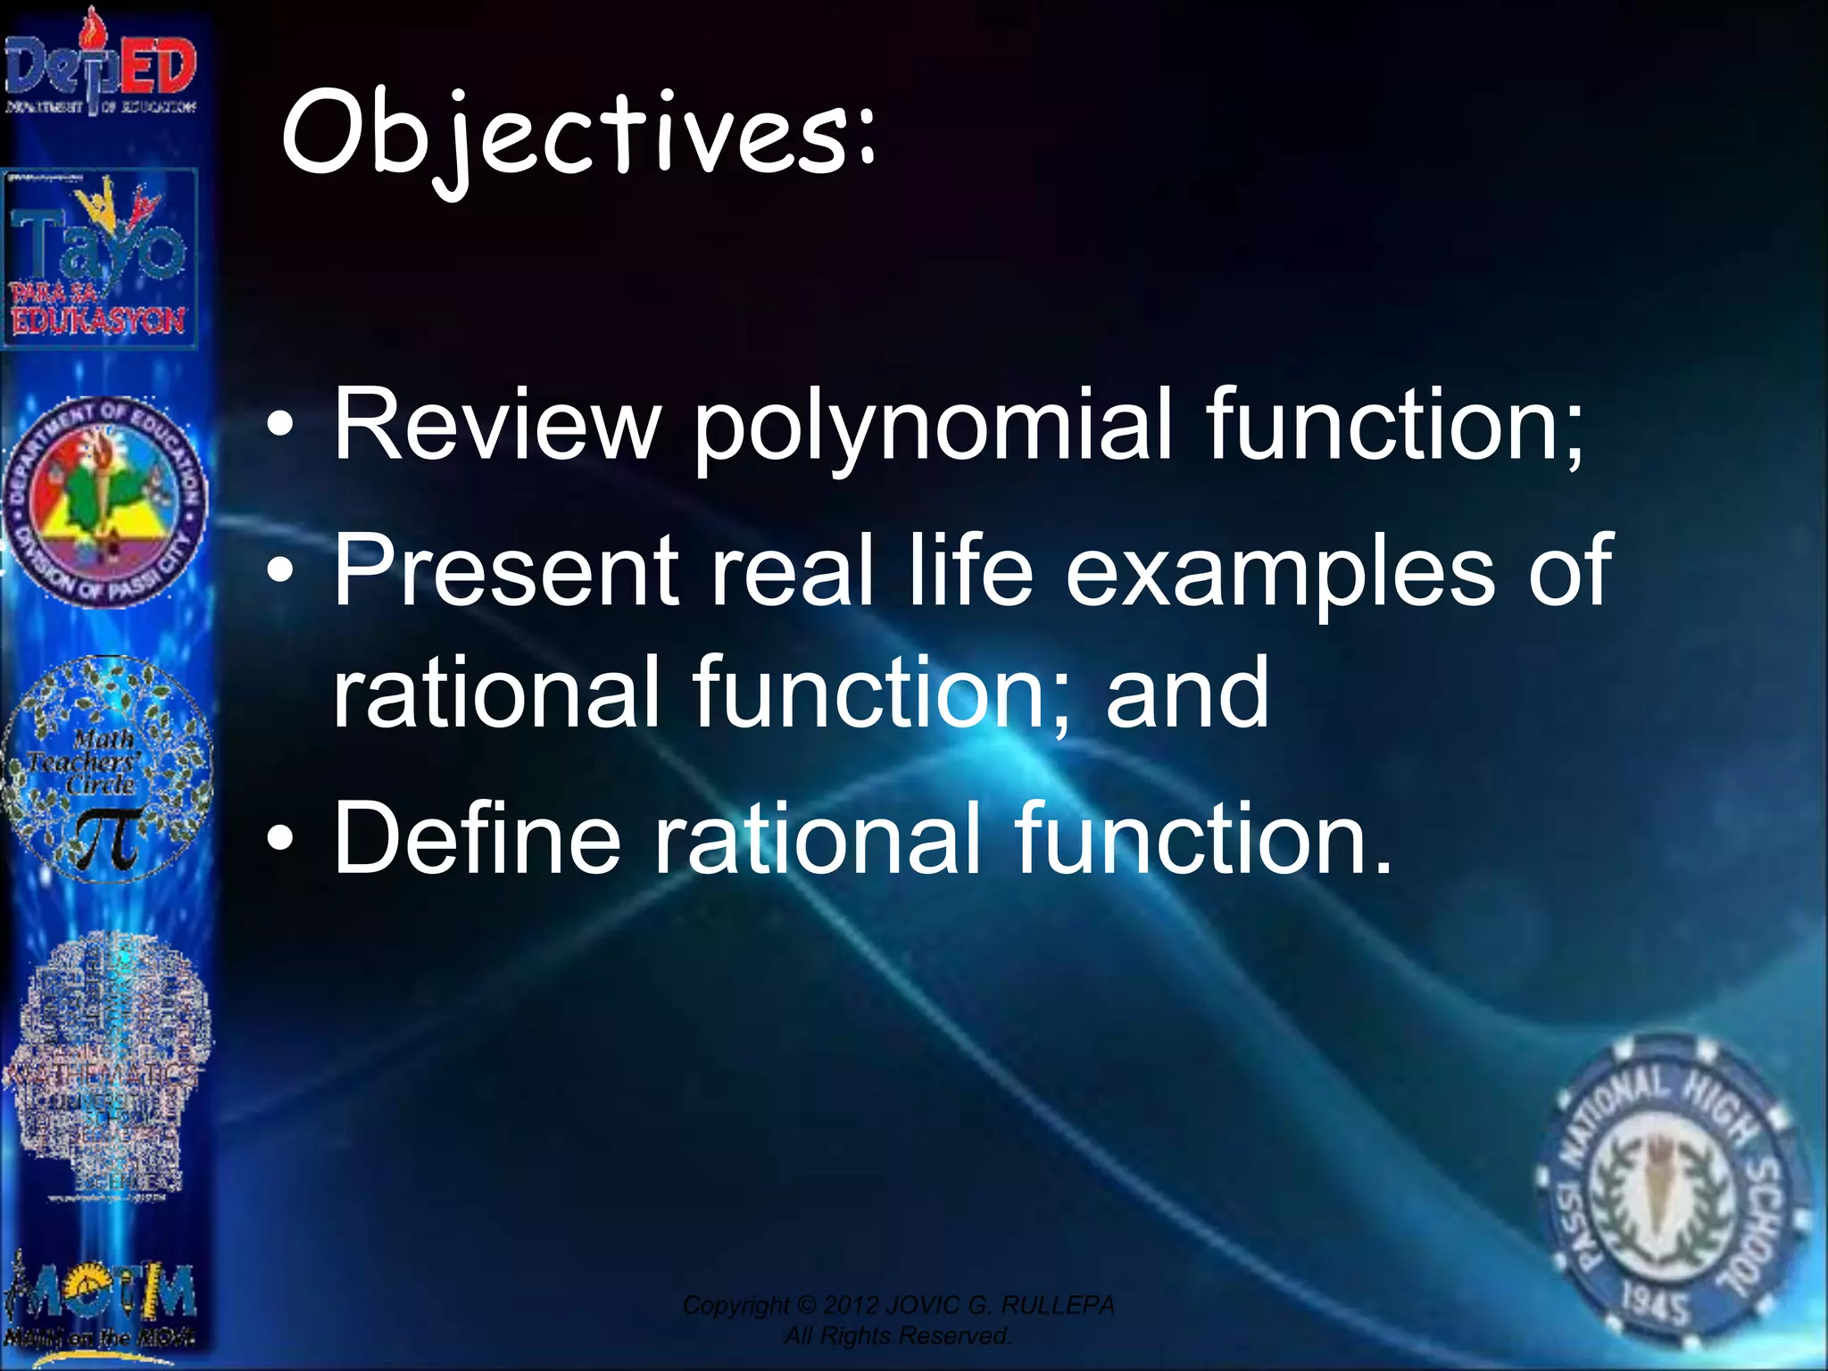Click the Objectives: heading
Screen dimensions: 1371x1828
(x=578, y=134)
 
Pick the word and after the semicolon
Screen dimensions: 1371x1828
(x=1186, y=691)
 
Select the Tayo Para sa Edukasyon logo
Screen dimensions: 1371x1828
(x=100, y=259)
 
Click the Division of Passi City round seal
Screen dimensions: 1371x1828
(x=105, y=502)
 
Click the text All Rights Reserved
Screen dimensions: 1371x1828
(x=897, y=1336)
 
